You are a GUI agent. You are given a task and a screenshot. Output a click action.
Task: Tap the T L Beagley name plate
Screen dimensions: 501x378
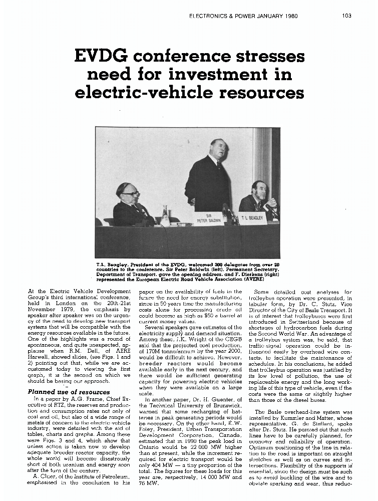[252, 218]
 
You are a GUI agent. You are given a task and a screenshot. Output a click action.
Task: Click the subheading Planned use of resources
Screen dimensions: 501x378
[69, 392]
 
